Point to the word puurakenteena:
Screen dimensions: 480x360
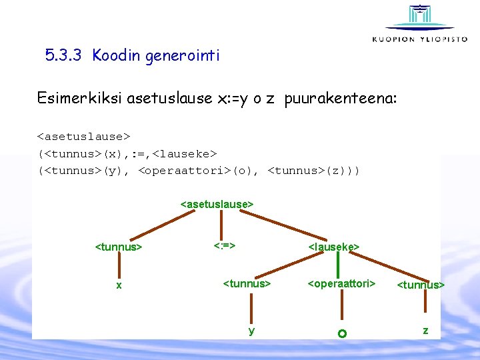pos(341,99)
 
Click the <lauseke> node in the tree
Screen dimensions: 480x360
pos(334,247)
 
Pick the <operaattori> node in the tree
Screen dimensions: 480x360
pos(341,284)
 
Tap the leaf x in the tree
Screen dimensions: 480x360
pos(119,285)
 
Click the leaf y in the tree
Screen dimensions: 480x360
pos(251,330)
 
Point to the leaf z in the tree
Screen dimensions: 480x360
pos(425,330)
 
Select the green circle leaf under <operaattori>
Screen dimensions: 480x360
pos(341,333)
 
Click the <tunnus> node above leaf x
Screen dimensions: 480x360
pos(119,247)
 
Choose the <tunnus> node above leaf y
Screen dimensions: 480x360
pos(247,284)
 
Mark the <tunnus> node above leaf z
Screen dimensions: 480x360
pos(421,285)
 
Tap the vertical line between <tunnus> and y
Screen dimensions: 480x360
pos(251,308)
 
